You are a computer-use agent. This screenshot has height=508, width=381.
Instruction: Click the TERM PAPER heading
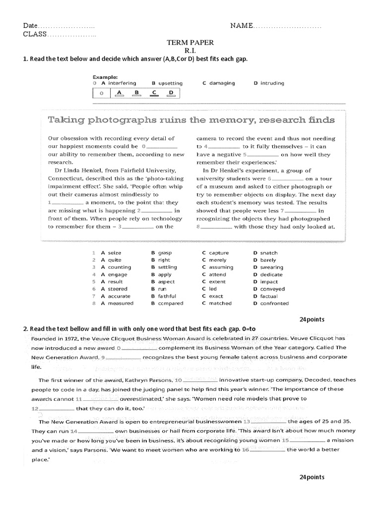(x=191, y=44)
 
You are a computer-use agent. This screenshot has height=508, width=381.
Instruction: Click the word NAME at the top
(x=241, y=26)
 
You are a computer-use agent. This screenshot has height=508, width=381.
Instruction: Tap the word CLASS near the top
(x=34, y=34)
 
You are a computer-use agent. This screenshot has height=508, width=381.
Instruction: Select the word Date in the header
(x=30, y=26)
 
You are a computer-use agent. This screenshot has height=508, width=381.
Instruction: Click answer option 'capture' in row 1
(x=219, y=253)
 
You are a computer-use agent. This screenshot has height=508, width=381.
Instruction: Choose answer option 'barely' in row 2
(x=268, y=260)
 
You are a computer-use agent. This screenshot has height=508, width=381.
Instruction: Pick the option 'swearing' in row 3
(x=272, y=267)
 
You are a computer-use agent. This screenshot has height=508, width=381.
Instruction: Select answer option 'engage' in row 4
(x=118, y=274)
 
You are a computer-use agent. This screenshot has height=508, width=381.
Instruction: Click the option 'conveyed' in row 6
(x=272, y=289)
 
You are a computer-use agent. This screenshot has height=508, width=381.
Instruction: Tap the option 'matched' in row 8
(x=220, y=303)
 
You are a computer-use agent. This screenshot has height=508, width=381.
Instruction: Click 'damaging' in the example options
(x=222, y=83)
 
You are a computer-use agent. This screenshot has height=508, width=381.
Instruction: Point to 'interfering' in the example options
(x=122, y=83)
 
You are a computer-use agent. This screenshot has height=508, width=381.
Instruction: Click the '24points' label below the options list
(x=312, y=319)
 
